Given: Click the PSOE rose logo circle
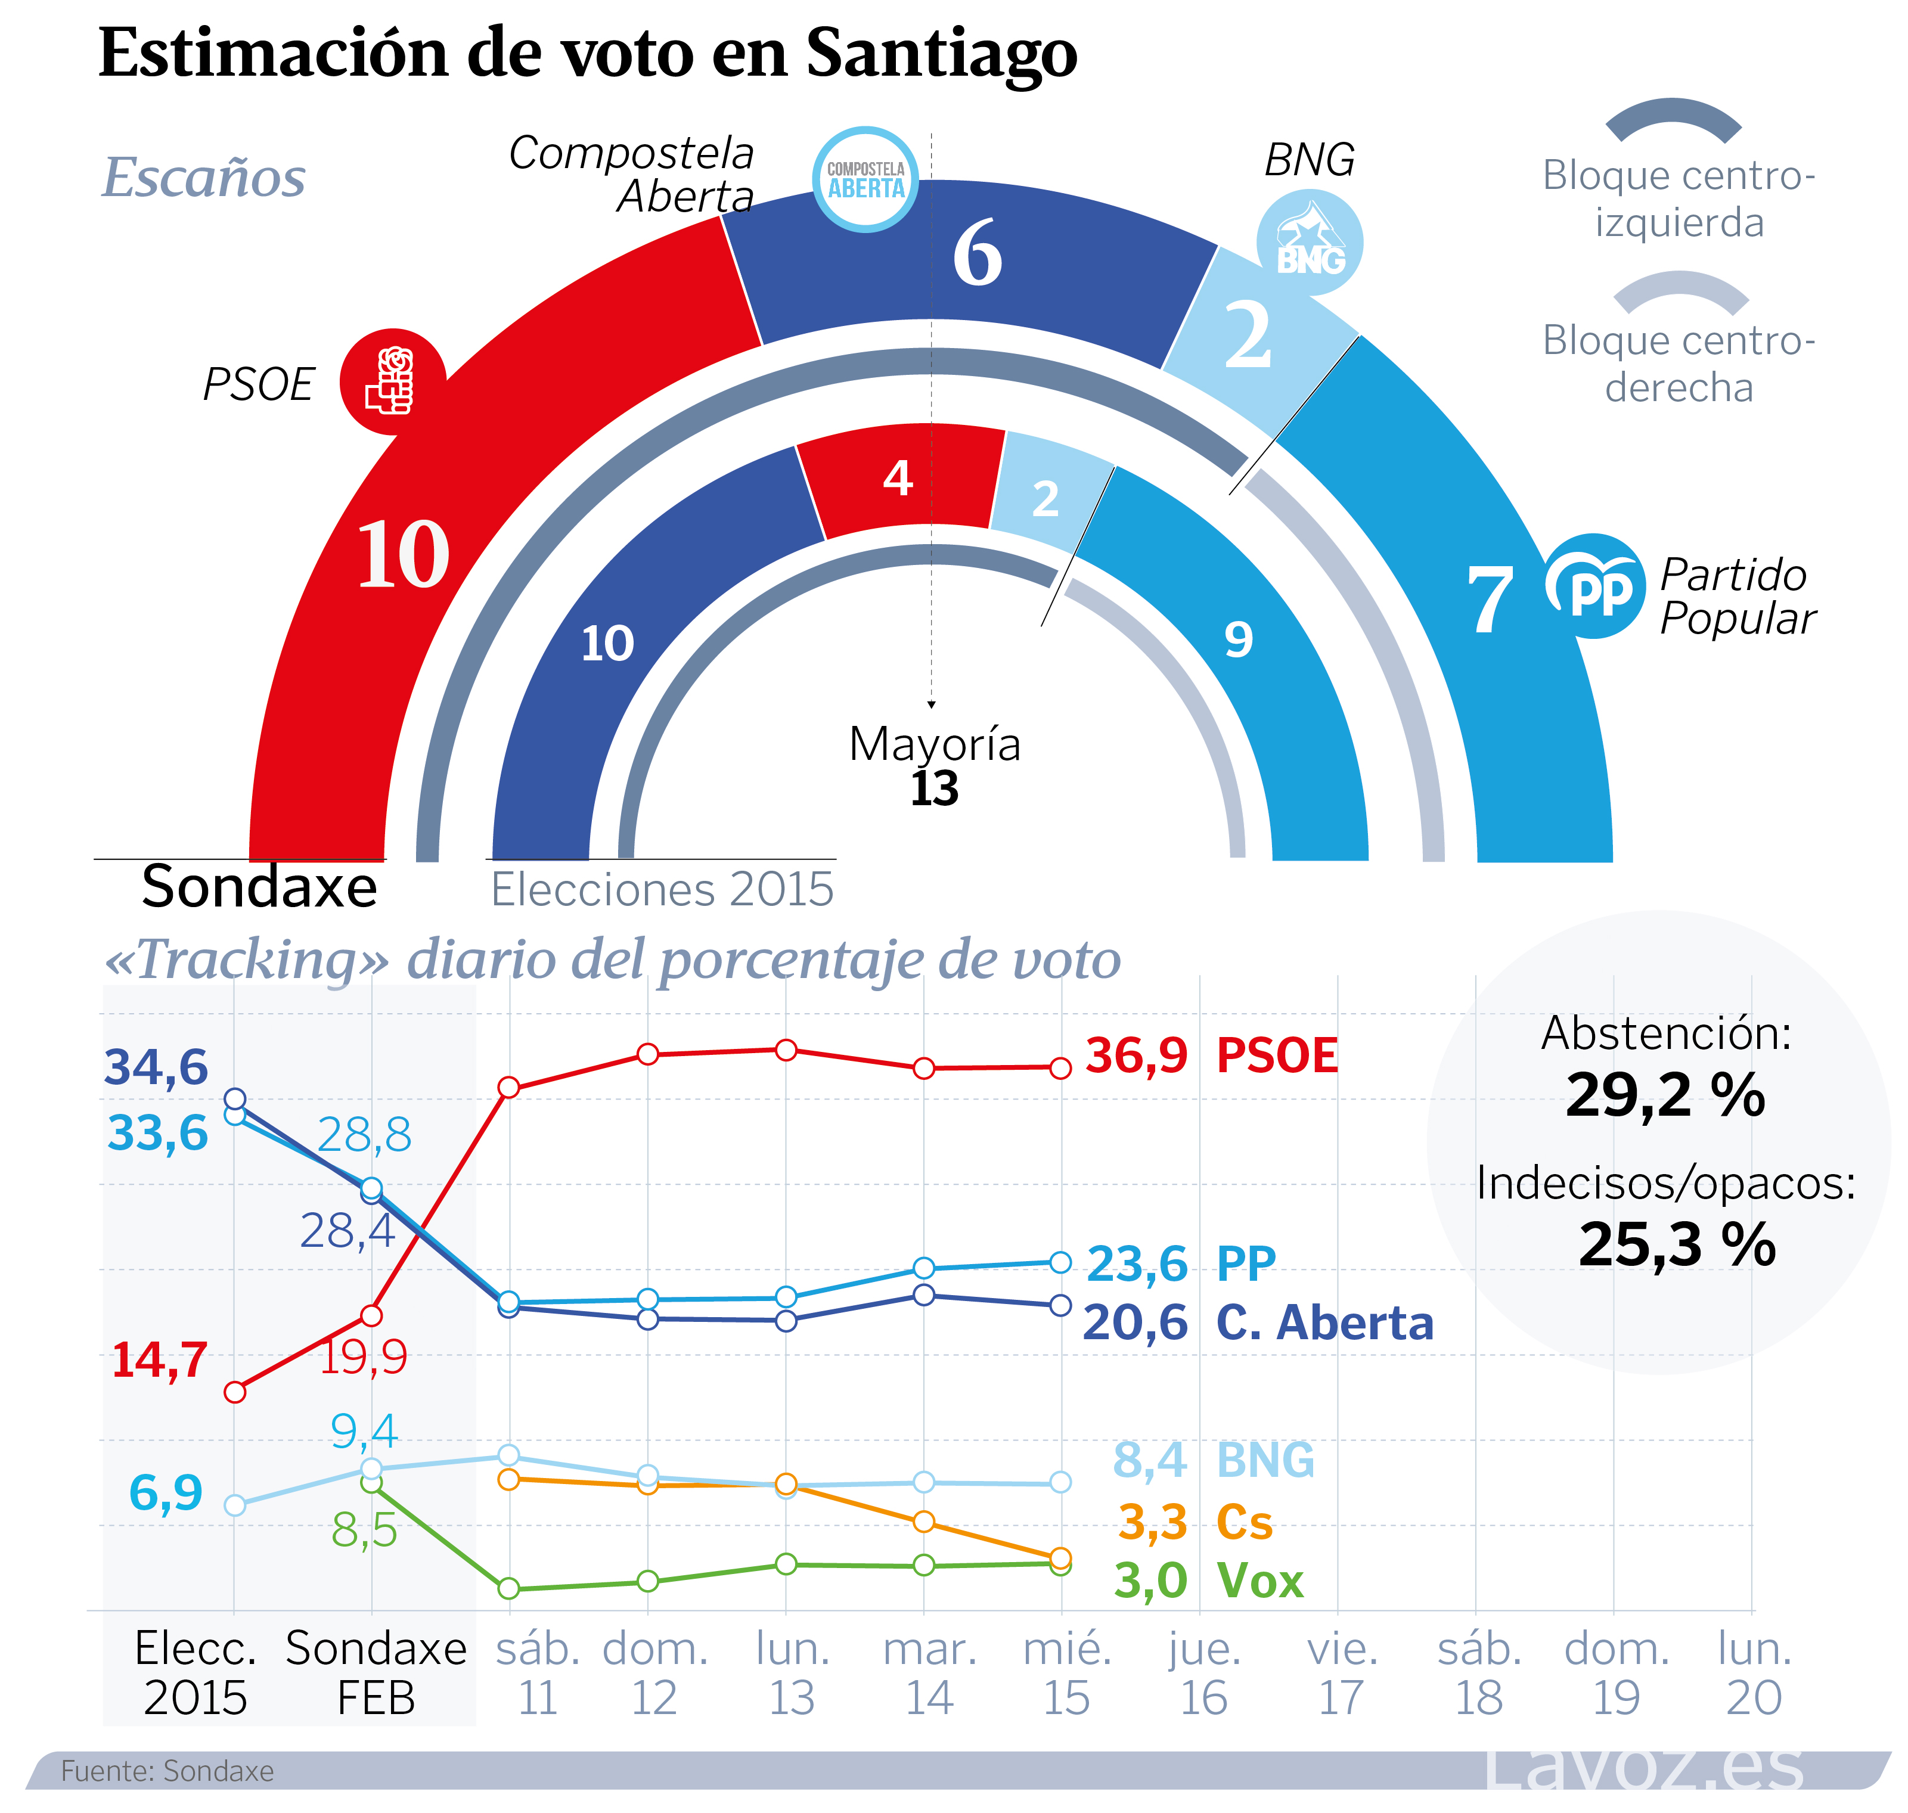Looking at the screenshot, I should pos(392,382).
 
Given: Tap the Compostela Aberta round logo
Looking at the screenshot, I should pos(865,180).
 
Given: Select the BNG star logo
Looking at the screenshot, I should pos(1310,241).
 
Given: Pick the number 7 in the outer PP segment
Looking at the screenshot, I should pos(1488,601).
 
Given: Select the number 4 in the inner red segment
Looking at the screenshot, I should pos(898,477).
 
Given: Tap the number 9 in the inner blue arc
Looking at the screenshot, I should pos(1238,639).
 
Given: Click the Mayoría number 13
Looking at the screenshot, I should pos(933,788).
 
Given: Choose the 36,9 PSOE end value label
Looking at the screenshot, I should pos(1136,1055).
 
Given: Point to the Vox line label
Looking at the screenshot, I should pos(1261,1581).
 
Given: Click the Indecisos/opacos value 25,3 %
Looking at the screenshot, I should pos(1677,1245).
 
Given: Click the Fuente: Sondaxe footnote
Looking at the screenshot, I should pos(167,1771).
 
